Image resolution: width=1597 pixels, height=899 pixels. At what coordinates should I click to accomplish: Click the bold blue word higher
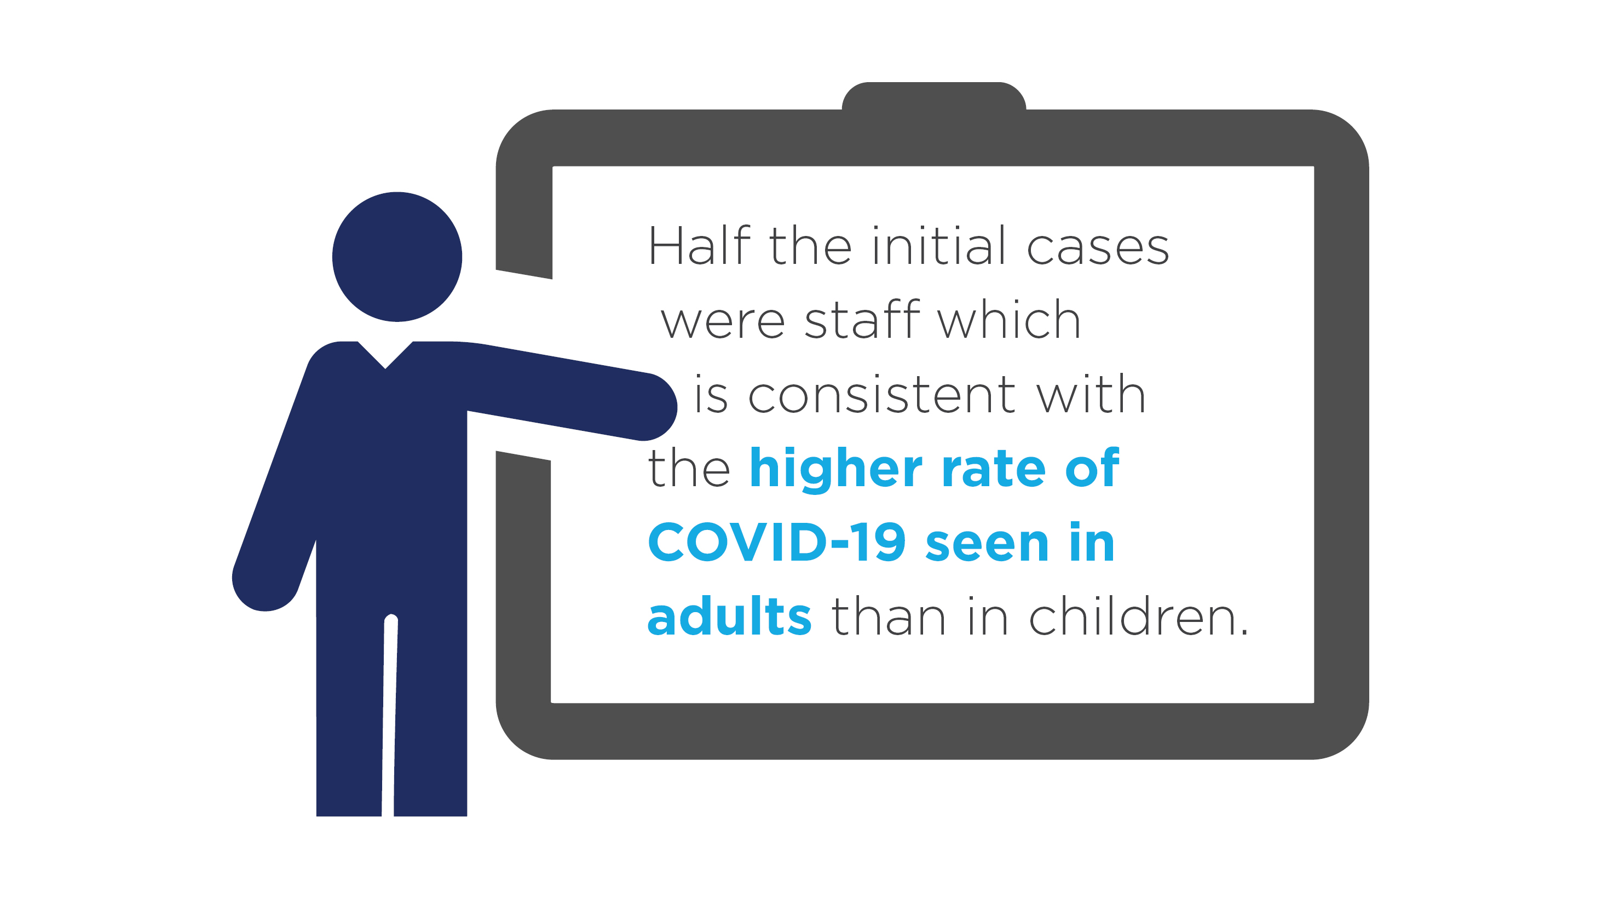(835, 469)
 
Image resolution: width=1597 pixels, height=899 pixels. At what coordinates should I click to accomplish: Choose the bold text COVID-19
(777, 543)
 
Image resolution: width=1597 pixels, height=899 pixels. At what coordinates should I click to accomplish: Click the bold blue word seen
(987, 546)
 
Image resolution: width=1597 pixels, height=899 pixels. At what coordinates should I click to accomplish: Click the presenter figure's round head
(397, 257)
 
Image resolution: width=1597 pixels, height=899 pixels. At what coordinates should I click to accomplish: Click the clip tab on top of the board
(933, 97)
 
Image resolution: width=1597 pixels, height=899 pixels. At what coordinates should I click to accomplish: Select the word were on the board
(723, 322)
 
